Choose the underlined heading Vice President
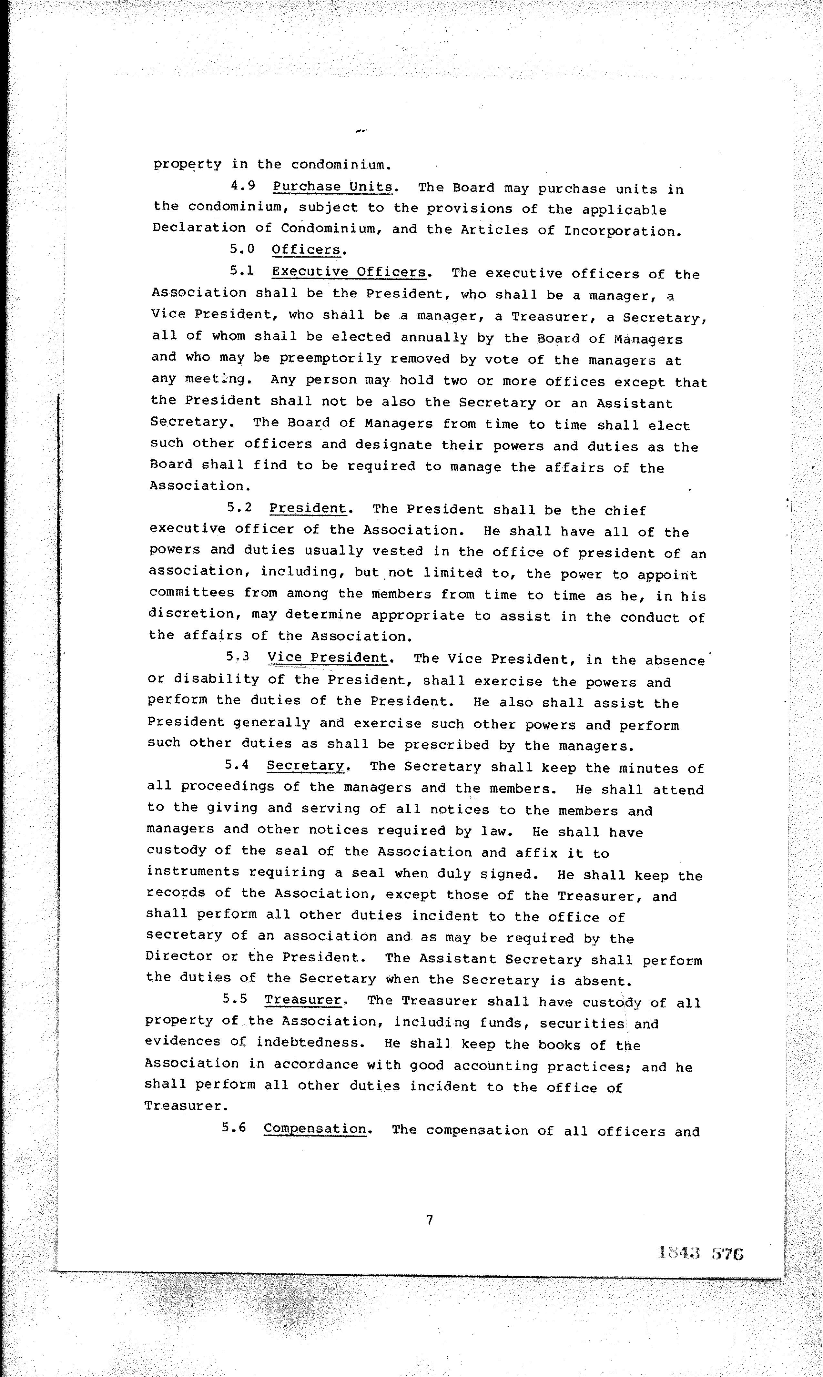click(327, 658)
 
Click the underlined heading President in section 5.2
click(307, 508)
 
